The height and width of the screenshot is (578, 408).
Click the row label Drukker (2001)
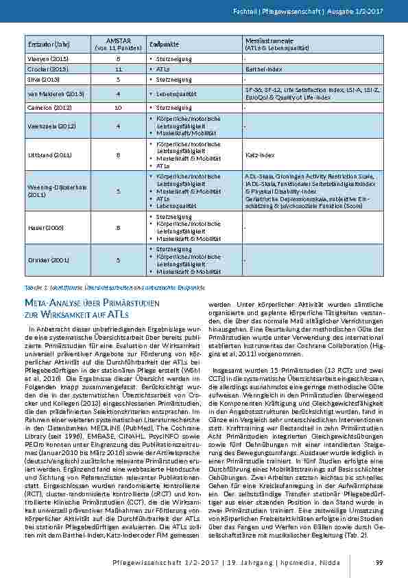point(40,259)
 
